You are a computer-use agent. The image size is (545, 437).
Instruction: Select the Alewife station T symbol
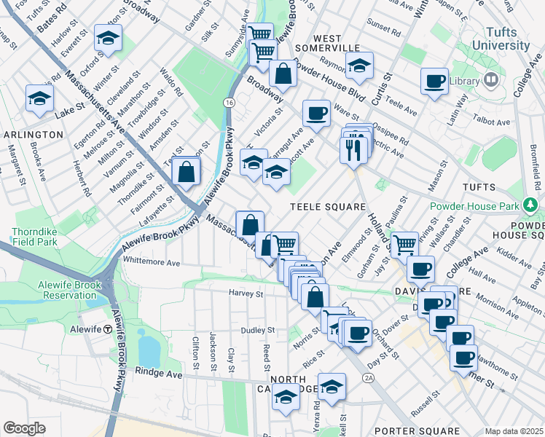108,328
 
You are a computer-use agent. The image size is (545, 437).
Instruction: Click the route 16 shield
230,104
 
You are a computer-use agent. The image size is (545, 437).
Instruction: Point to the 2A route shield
368,378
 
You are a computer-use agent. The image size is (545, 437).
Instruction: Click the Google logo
24,428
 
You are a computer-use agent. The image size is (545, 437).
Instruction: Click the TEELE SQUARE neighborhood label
328,207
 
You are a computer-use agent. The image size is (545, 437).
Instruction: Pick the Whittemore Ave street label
152,262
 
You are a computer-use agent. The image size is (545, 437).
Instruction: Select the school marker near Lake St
39,99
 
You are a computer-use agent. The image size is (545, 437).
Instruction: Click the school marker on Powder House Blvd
358,66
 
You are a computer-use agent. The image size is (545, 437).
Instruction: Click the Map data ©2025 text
514,431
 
